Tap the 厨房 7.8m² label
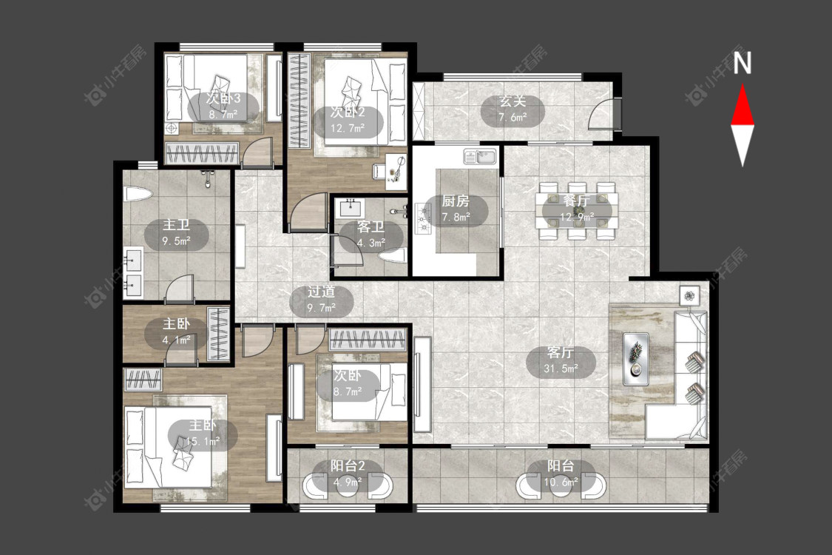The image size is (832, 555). [x=456, y=209]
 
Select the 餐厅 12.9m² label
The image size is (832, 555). [x=576, y=209]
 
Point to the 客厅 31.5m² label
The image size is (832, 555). [x=561, y=360]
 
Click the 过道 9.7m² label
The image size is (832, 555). [x=322, y=300]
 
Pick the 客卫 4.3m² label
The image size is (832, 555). [x=371, y=235]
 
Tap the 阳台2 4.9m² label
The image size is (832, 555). [x=348, y=474]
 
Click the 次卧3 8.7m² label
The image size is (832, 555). [x=223, y=107]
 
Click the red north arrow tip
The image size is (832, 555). [x=743, y=85]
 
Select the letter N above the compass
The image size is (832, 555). [x=743, y=63]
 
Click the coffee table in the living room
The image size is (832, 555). [x=636, y=359]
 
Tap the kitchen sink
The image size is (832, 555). [x=480, y=157]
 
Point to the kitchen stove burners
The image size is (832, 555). [x=424, y=218]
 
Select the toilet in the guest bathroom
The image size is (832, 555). [x=393, y=257]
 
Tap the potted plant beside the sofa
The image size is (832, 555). [x=690, y=296]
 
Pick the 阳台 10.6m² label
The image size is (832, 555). [x=561, y=474]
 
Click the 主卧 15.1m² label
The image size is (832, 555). [x=203, y=434]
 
